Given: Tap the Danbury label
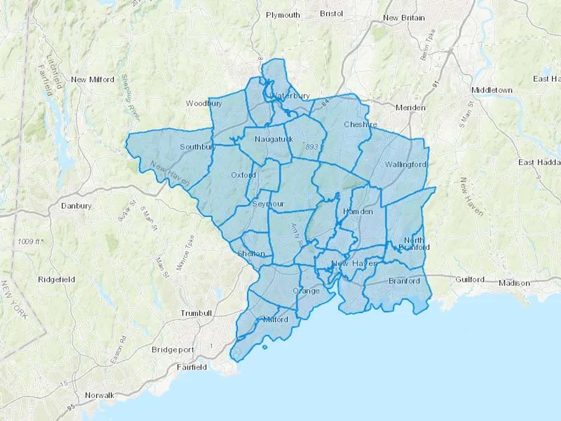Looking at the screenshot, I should tap(76, 206).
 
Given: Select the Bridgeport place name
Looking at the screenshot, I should tap(173, 350).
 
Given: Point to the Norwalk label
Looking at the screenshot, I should tap(100, 395).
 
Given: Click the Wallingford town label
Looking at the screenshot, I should tap(405, 164).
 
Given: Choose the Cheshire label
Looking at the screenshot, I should tap(360, 124).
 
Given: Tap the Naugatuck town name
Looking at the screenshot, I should tap(274, 139).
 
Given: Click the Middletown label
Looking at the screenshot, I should tap(492, 90).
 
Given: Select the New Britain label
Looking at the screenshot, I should tap(404, 18).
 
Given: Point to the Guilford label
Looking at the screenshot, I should tap(470, 279).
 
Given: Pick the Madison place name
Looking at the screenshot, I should tap(514, 283).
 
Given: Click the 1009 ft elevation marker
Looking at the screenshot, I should tap(30, 241).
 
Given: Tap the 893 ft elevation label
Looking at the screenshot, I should tap(314, 147).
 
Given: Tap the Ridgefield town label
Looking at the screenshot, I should tap(56, 279).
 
